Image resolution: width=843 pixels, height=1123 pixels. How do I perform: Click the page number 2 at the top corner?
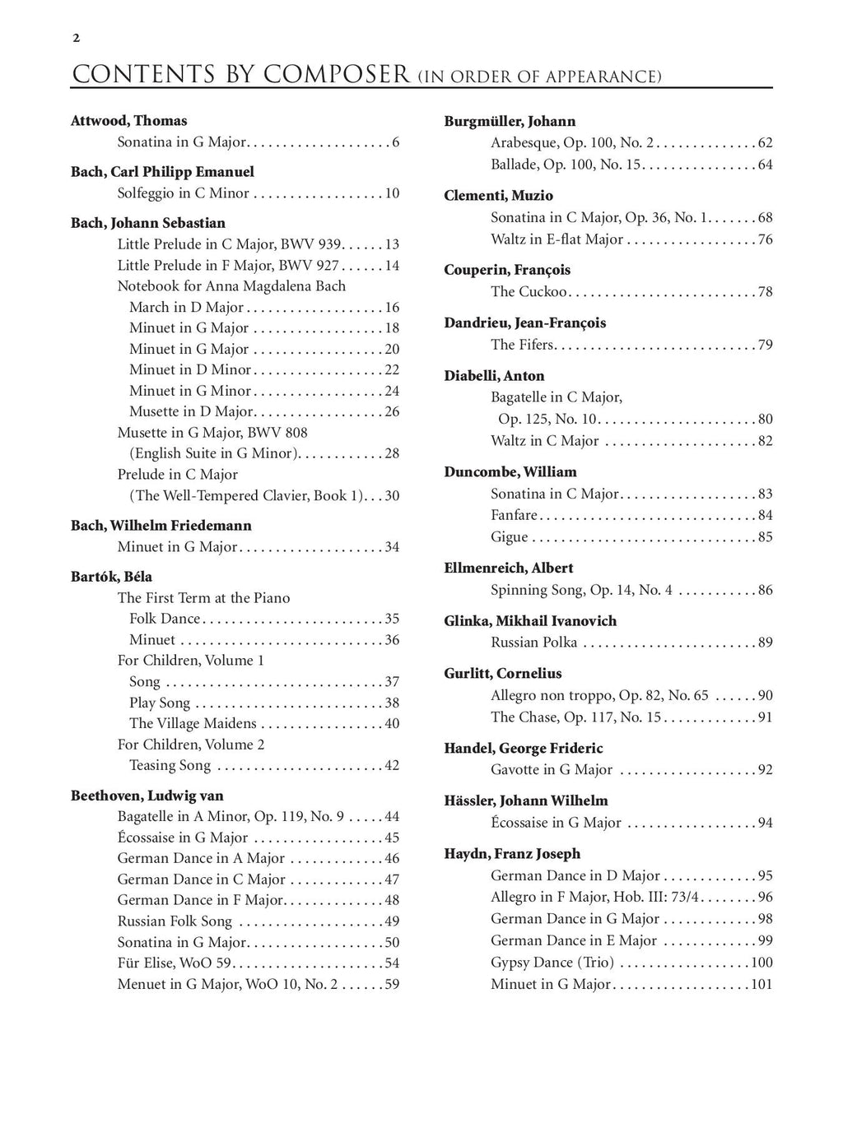[76, 38]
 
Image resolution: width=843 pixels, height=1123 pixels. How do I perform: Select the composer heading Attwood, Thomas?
[129, 121]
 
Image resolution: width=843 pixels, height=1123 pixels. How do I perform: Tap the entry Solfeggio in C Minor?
[183, 193]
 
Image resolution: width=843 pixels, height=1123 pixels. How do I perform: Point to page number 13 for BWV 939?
[392, 244]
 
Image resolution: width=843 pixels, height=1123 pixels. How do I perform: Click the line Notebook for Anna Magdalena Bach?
[231, 286]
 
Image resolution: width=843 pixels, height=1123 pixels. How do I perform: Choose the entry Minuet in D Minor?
[190, 370]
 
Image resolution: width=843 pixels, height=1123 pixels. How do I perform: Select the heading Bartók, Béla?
[111, 577]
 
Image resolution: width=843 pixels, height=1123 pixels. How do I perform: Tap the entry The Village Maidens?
[193, 724]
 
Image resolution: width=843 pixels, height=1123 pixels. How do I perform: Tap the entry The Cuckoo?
[529, 292]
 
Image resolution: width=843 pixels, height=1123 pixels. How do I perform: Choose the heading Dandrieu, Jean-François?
[524, 323]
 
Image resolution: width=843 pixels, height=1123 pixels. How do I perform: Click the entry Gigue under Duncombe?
[510, 537]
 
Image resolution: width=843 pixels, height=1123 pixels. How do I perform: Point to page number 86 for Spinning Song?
[765, 590]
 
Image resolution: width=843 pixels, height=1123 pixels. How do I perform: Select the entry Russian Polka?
[534, 643]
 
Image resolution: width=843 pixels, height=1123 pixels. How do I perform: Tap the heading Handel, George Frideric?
[523, 749]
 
